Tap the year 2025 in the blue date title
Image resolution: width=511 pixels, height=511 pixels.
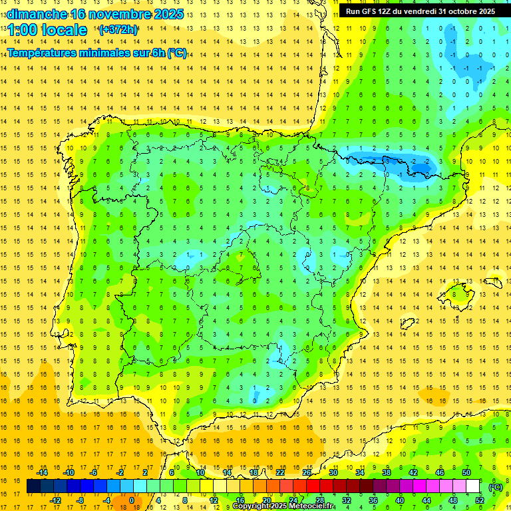164,14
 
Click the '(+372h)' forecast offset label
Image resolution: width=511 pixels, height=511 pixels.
118,29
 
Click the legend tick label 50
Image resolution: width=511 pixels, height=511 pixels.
466,472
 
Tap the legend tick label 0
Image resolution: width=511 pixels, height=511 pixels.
131,500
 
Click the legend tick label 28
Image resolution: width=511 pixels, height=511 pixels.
319,500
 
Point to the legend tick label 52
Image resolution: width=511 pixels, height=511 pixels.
479,500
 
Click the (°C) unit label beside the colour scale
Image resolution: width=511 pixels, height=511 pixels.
495,486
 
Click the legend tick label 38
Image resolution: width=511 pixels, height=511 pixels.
386,472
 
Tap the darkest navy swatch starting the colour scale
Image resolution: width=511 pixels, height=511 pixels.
33,486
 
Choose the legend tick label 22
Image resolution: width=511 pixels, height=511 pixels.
280,472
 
